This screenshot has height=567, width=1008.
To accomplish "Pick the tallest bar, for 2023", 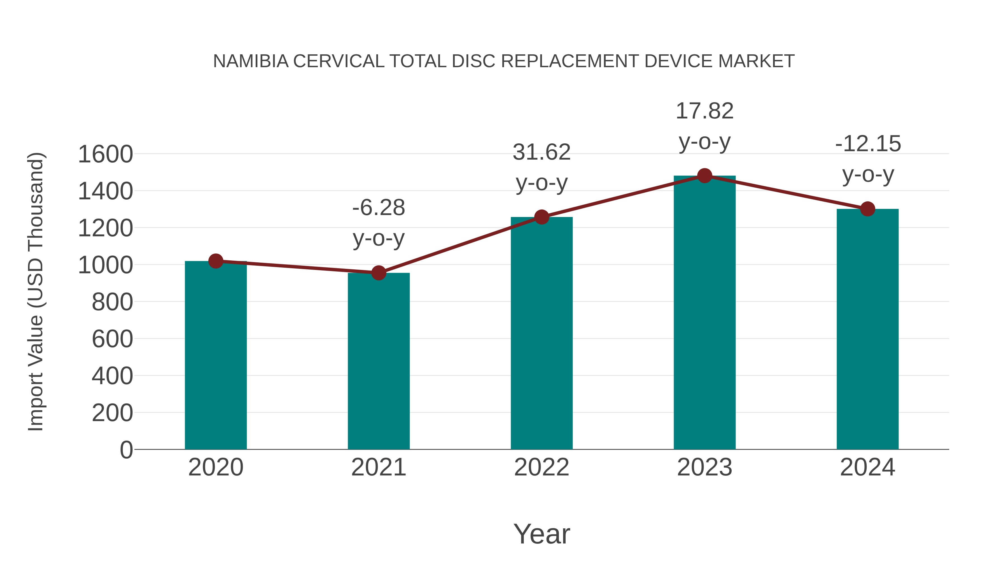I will (x=704, y=313).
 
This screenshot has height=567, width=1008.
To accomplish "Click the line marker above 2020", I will (x=216, y=261).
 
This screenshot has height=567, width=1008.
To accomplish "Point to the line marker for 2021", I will (x=378, y=273).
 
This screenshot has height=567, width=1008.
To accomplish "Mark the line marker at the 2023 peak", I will (x=704, y=176).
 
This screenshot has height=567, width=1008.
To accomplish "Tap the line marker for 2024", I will (x=867, y=209).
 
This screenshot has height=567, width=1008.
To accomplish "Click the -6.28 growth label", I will (x=378, y=207).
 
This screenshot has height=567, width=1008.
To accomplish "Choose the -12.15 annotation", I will (x=867, y=144).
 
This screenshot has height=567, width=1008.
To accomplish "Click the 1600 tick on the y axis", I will (x=105, y=154).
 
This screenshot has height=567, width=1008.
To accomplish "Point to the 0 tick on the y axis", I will (x=126, y=450).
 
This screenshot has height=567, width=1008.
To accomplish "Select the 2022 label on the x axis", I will (x=542, y=467).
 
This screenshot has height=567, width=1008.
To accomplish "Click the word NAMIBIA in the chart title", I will (x=250, y=61).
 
